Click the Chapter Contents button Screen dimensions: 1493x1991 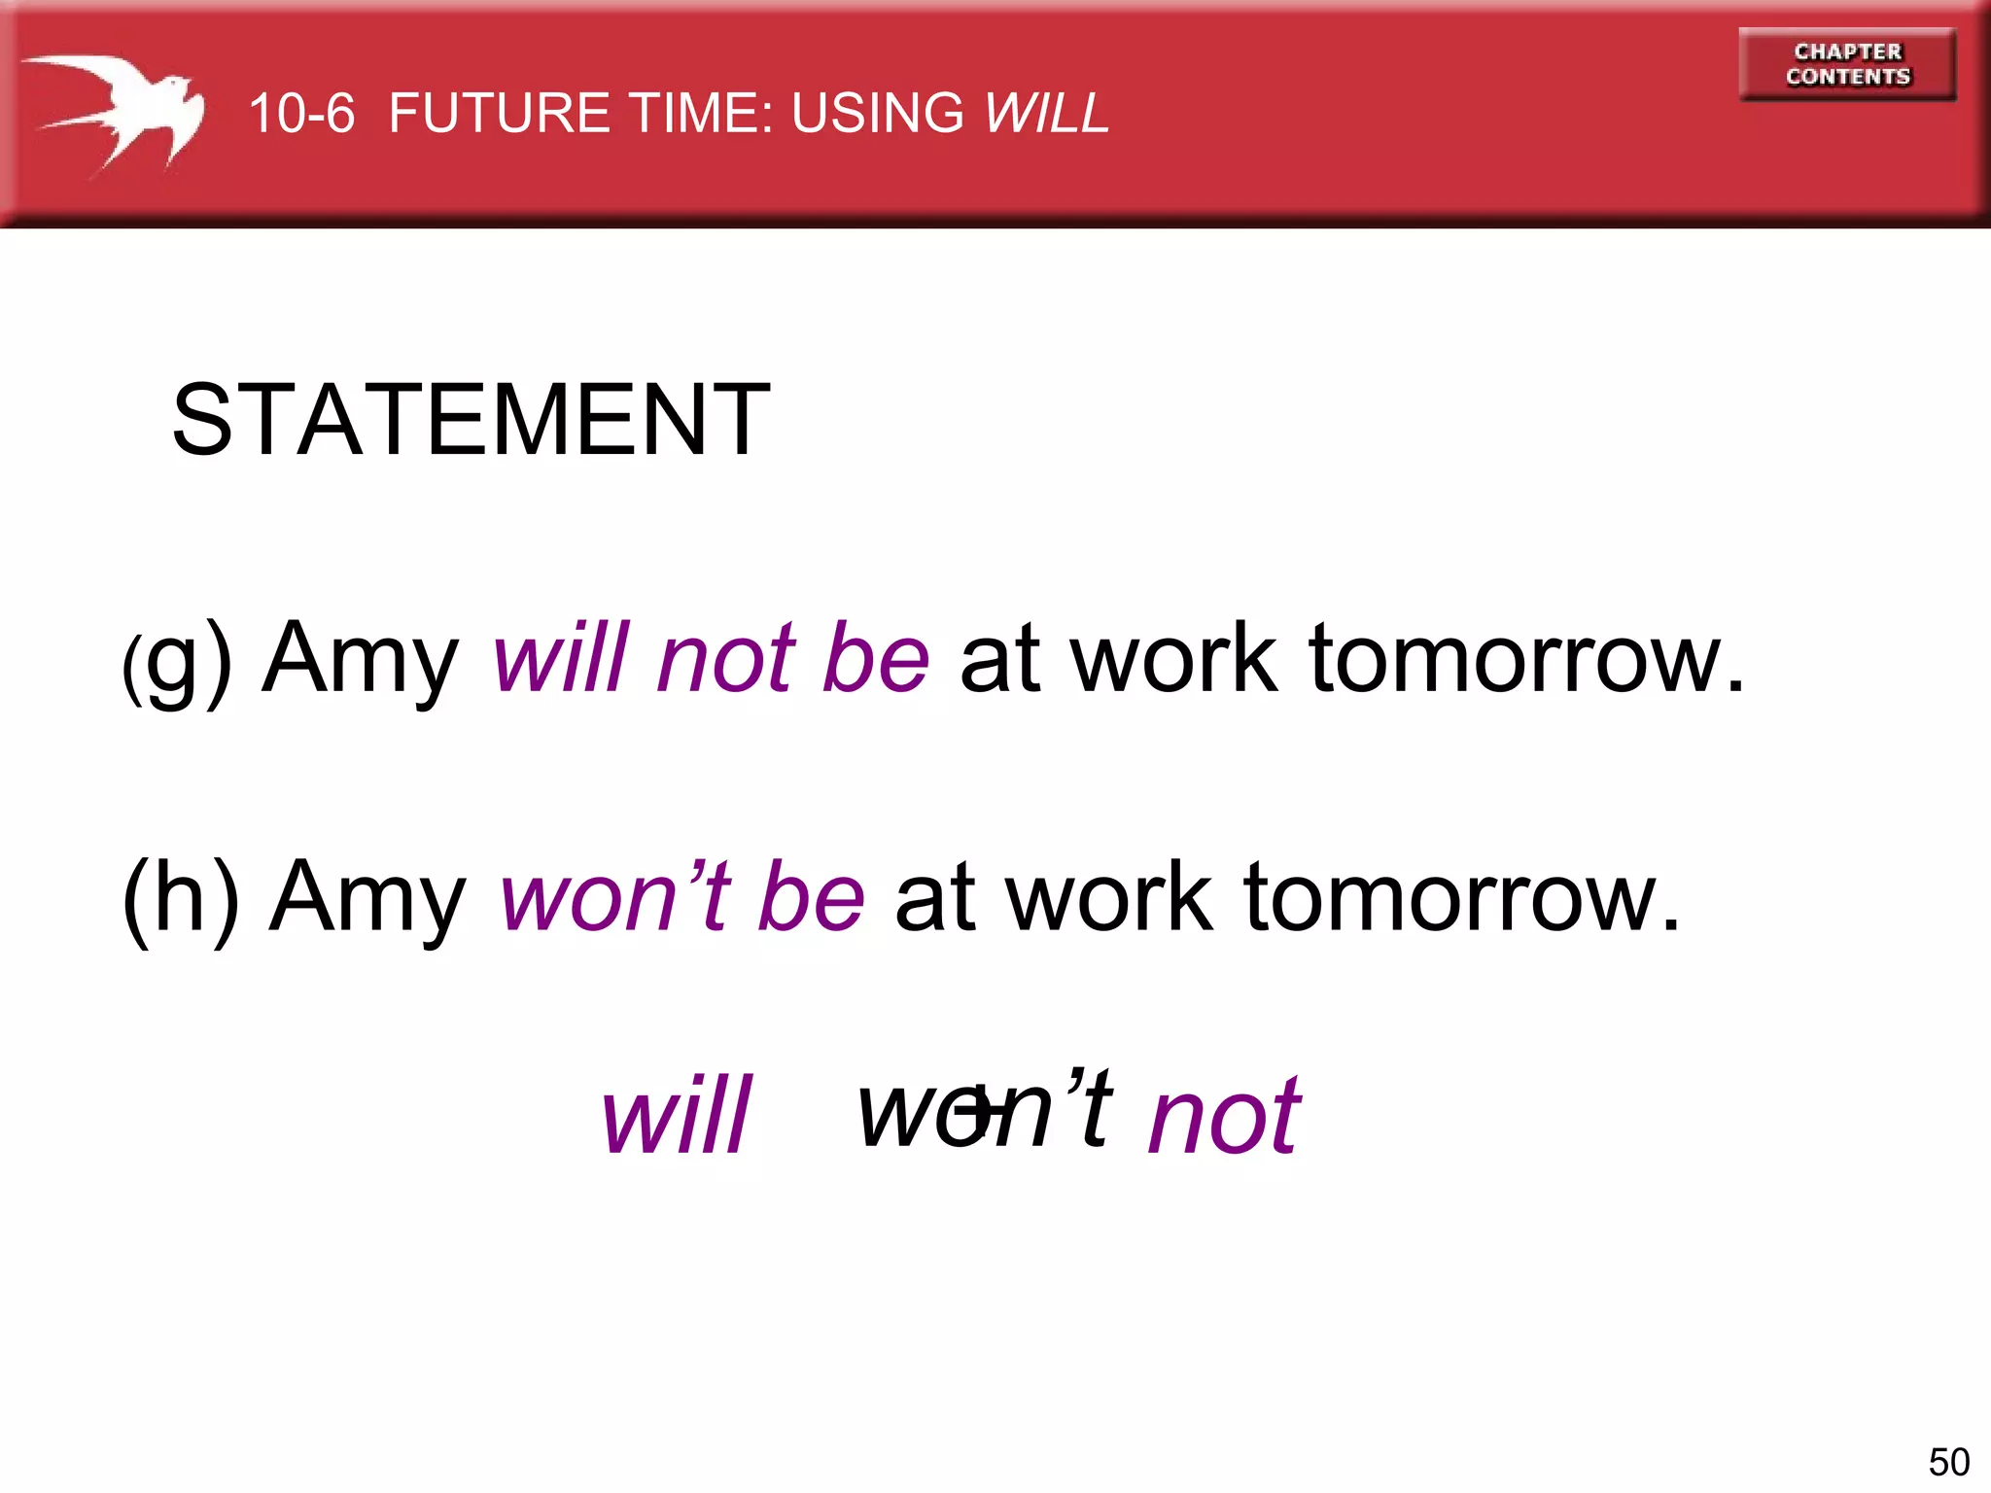(1847, 64)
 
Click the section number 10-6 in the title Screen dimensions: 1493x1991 (301, 113)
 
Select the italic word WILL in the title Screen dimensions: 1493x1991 (1046, 113)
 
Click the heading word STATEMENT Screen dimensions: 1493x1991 (471, 420)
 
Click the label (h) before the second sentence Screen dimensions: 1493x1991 (181, 898)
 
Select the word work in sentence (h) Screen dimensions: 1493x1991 (1109, 898)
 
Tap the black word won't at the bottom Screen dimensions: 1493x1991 (984, 1108)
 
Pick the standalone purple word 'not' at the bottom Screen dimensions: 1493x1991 (1224, 1118)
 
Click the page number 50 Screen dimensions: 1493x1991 (1948, 1462)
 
